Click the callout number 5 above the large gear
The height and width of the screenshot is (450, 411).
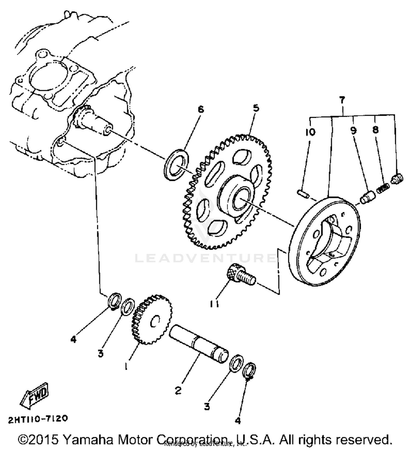(x=256, y=108)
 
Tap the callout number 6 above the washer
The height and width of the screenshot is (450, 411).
(x=201, y=110)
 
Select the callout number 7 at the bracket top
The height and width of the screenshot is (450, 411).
(x=342, y=100)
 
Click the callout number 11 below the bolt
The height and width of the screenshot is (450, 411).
(x=215, y=304)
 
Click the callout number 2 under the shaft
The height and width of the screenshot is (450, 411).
(x=178, y=390)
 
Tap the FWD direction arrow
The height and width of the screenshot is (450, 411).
(x=34, y=395)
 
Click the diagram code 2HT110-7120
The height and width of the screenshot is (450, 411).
(x=38, y=419)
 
